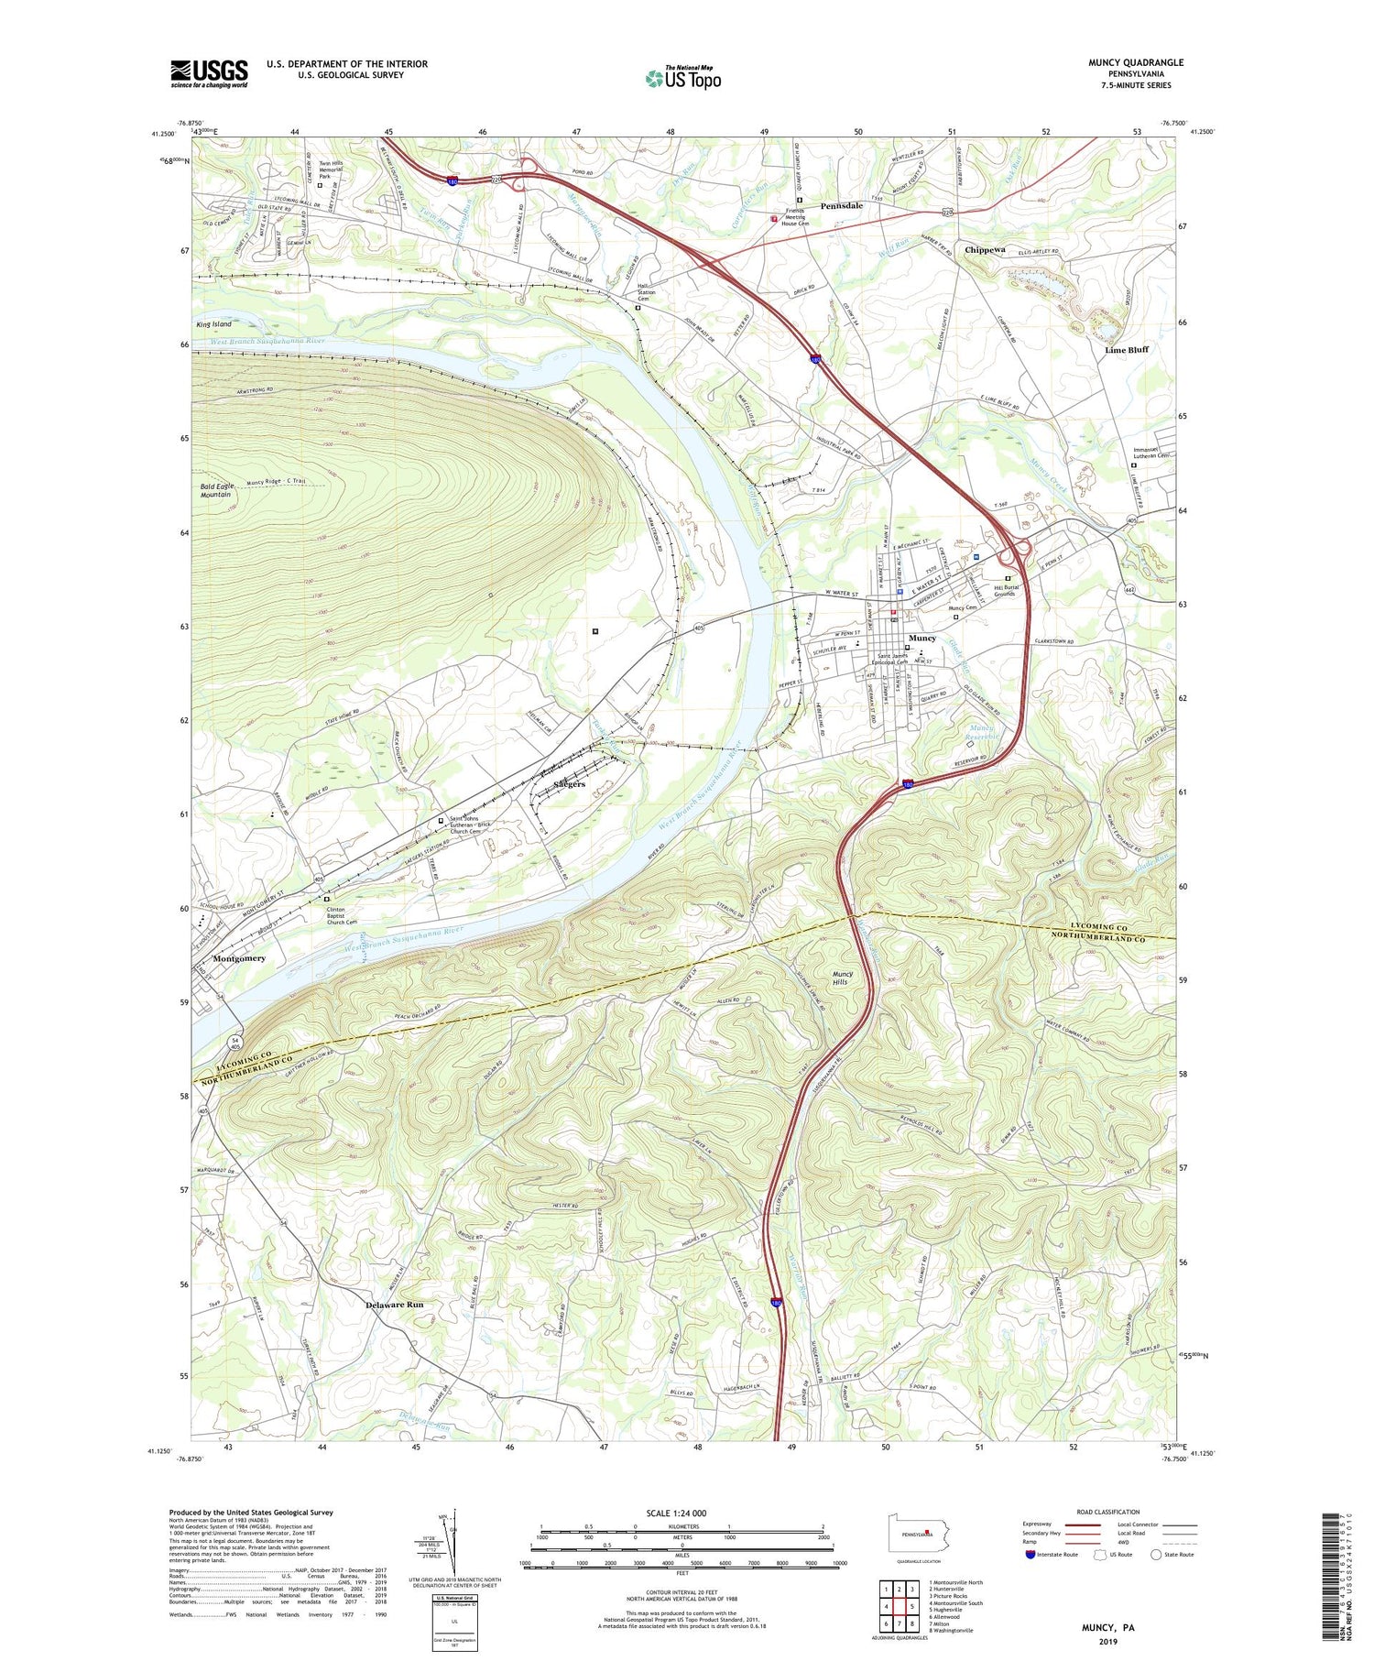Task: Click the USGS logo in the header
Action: (209, 73)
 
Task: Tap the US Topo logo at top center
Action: (682, 78)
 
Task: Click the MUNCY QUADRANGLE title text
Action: (1135, 62)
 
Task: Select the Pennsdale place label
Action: (841, 206)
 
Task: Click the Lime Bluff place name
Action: (1126, 349)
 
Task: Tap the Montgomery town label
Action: (238, 958)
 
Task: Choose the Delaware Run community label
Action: (393, 1304)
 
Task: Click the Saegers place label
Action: (569, 784)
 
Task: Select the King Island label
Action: (213, 324)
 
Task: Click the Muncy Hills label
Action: (841, 978)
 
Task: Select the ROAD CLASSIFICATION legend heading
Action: (1107, 1512)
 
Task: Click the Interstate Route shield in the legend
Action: (1032, 1555)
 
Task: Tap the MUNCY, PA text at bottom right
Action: (1107, 1628)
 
